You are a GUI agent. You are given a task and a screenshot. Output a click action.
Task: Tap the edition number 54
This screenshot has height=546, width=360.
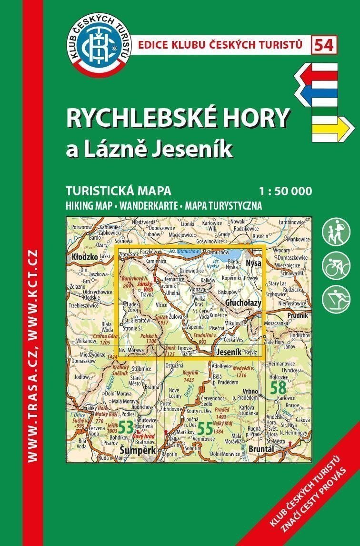(x=324, y=45)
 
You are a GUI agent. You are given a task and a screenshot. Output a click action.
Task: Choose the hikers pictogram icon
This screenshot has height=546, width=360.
(x=336, y=232)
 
